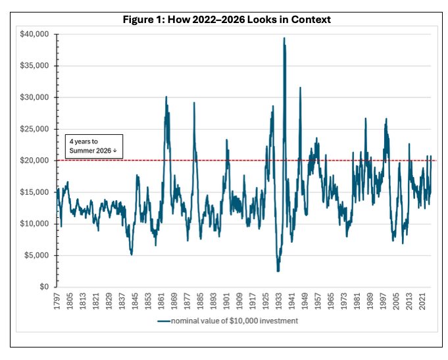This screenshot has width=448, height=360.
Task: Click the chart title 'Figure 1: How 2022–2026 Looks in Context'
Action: point(226,20)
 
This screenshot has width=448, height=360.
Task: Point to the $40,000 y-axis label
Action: point(34,34)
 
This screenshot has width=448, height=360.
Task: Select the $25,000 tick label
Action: point(34,129)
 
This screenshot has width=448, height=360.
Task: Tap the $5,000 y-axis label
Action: point(36,255)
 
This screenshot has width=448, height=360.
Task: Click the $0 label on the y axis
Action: point(44,287)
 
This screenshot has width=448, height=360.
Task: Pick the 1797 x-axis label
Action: point(57,301)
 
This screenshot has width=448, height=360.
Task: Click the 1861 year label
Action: point(161,301)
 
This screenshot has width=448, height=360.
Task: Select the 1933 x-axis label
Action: point(278,301)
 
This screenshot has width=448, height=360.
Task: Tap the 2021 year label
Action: point(422,301)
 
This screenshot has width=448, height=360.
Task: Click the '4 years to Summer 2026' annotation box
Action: point(94,146)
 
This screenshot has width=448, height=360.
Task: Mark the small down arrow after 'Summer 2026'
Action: point(115,151)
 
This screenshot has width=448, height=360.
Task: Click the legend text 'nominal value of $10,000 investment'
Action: point(234,321)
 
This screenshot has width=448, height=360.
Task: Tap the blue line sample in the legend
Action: point(164,321)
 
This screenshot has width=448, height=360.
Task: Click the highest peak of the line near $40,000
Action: point(284,38)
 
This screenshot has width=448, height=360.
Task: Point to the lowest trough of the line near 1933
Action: point(278,270)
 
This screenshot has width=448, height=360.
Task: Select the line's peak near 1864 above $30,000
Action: point(166,97)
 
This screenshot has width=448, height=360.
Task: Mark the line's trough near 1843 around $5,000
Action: point(132,254)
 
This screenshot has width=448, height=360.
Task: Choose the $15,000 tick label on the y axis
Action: point(34,192)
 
